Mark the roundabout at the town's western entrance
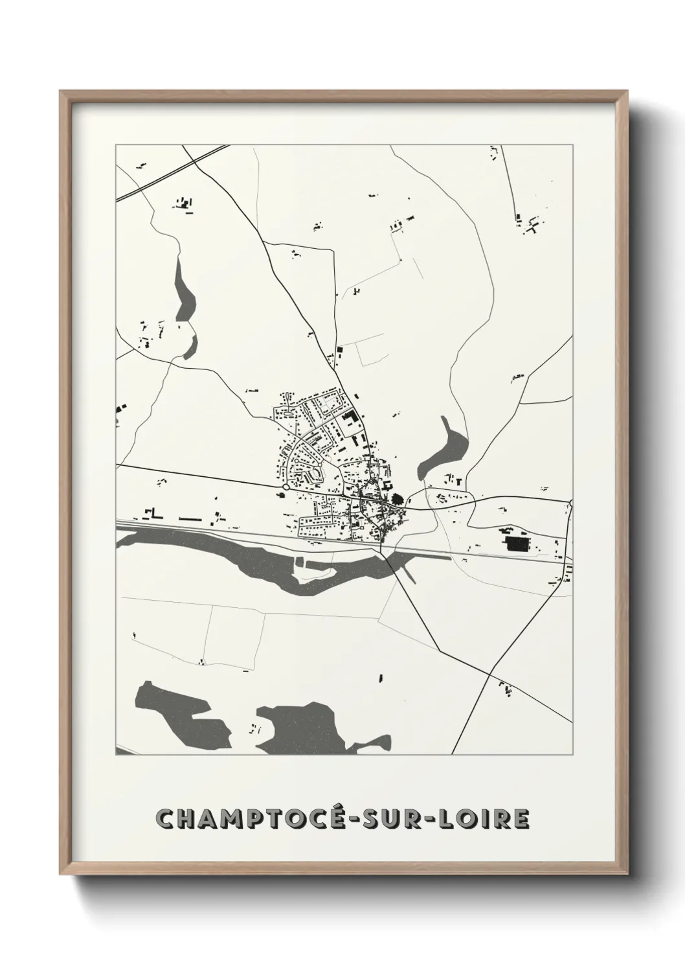coord(286,487)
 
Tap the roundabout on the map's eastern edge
coord(572,503)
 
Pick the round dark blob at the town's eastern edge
coord(397,499)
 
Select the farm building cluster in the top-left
coord(185,204)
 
